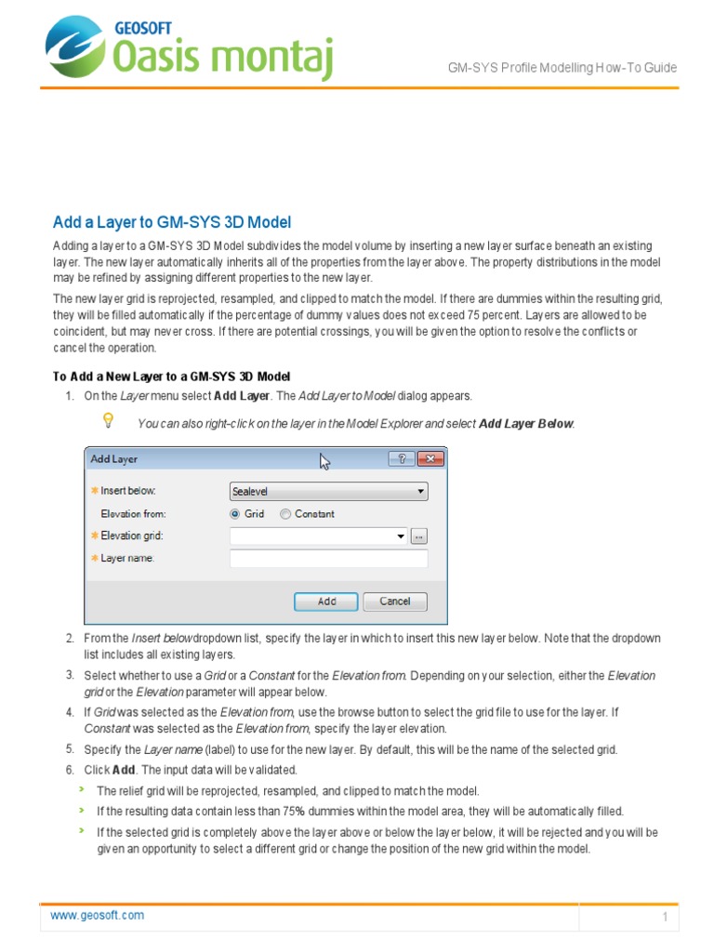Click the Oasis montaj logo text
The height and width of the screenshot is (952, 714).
click(222, 54)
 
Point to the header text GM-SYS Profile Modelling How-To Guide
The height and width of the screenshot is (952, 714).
click(562, 68)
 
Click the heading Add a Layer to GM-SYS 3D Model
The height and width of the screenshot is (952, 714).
click(172, 222)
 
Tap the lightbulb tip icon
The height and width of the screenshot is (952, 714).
click(108, 421)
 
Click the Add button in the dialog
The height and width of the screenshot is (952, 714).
click(326, 602)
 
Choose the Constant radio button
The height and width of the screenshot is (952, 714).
click(285, 513)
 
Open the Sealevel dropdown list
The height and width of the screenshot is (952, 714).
click(328, 491)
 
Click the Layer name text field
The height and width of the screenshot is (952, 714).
click(328, 559)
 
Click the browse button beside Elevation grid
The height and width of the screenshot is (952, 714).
click(419, 536)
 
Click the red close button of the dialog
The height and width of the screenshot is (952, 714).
click(430, 458)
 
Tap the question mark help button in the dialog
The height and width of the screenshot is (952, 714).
click(402, 458)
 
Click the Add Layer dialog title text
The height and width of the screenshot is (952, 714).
click(114, 459)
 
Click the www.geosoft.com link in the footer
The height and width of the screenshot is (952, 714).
click(98, 915)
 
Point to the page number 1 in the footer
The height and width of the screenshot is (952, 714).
click(666, 918)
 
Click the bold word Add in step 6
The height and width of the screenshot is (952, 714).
click(124, 771)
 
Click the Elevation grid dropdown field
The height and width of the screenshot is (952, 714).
click(318, 536)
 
